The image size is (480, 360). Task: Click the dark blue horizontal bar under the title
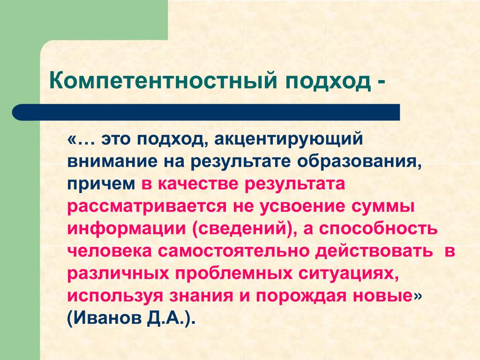(206, 112)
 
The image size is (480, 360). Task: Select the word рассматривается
(147, 207)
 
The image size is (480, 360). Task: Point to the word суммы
(382, 207)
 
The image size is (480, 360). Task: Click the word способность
(378, 229)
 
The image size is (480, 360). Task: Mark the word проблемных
(233, 274)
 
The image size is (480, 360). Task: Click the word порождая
(301, 296)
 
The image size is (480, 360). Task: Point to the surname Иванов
(104, 318)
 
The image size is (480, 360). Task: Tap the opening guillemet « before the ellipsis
(71, 140)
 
